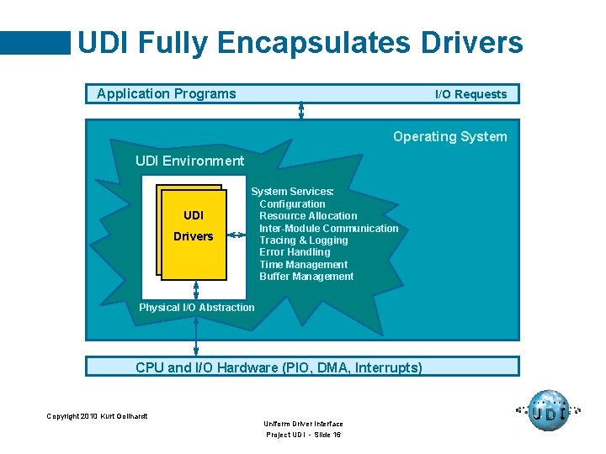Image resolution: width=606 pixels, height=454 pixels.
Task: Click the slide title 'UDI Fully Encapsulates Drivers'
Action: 300,42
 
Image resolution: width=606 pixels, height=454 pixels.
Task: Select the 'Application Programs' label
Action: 167,93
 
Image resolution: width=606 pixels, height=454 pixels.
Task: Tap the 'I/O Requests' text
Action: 470,94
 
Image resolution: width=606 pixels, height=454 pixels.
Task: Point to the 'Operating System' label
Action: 449,136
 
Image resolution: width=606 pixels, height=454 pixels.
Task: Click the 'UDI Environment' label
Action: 189,161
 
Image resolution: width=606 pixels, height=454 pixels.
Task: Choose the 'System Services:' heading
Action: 292,192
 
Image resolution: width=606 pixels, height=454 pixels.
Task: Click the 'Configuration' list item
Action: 292,204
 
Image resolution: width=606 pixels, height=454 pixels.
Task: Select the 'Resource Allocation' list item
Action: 308,216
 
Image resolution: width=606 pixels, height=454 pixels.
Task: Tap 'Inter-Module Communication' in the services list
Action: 328,228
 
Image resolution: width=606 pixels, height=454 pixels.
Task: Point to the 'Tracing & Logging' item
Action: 303,240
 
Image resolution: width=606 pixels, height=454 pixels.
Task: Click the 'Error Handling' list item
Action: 295,252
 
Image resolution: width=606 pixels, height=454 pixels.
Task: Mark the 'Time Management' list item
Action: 303,264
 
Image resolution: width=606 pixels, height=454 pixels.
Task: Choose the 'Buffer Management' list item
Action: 306,277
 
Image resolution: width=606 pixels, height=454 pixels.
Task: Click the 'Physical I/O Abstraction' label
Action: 196,308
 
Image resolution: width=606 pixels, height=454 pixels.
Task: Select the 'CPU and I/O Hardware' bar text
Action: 279,367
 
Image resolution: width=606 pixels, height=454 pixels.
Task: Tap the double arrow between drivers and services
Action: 241,236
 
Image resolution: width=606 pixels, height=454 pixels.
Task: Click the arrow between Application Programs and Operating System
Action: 301,111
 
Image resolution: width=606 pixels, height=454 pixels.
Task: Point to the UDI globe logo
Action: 549,411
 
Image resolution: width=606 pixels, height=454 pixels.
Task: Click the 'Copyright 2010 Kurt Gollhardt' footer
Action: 97,416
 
